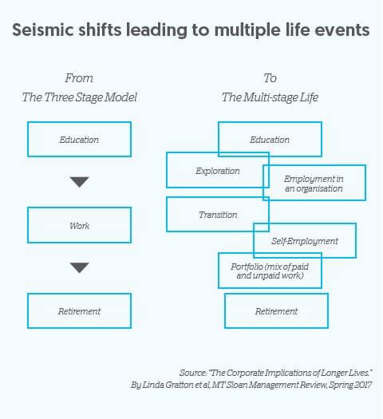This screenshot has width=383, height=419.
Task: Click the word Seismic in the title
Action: pos(43,30)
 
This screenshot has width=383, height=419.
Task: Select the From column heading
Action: pos(79,78)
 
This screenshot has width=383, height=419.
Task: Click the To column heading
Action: pos(270,78)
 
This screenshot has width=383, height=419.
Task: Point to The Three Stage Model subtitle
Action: pos(79,97)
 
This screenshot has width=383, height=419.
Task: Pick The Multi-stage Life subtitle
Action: pos(270,97)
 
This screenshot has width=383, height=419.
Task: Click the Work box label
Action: pos(79,226)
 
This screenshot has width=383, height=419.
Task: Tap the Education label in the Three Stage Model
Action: pos(79,140)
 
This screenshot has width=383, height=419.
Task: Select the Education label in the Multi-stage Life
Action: pos(270,140)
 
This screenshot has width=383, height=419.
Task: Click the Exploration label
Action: pos(218,171)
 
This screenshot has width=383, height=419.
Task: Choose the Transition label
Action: pos(218,215)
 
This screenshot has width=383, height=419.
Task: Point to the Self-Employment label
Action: pos(305,241)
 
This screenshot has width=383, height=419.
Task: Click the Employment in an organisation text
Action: pos(314,184)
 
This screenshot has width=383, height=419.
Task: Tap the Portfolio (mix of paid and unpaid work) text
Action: pos(270,271)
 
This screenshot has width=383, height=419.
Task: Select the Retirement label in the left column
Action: pos(79,311)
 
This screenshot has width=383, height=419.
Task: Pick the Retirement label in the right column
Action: pos(276,311)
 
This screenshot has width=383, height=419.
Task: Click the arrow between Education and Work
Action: pos(79,182)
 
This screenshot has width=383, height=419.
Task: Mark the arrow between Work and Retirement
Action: pos(79,267)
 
